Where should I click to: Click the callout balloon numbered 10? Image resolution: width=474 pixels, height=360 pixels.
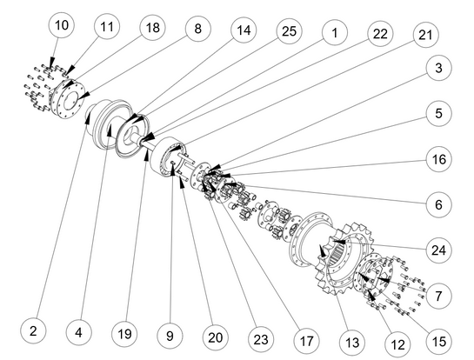62,25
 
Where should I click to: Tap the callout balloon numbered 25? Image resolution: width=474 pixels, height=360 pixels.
290,30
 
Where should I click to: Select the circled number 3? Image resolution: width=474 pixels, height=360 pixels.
438,68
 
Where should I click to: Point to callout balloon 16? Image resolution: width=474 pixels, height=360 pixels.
438,159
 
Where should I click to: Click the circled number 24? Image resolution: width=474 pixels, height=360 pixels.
438,250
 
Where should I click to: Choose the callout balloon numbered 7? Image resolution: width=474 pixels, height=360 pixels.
438,296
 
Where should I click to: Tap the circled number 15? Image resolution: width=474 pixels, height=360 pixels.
438,341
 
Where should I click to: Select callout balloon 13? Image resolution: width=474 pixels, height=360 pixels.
352,343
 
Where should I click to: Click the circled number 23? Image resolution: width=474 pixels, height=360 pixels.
261,339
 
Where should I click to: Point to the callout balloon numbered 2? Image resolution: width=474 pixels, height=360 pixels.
33,330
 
